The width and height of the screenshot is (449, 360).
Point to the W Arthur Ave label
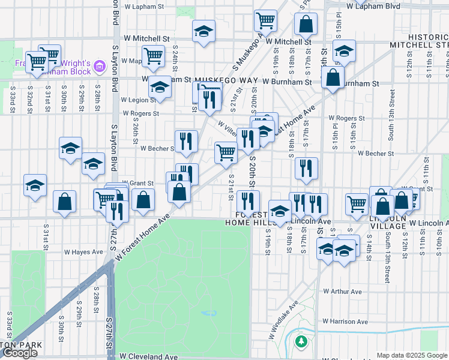[342, 292]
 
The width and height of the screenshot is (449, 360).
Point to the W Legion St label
[138, 100]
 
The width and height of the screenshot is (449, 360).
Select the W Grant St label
[138, 183]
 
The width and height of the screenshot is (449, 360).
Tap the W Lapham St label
[144, 7]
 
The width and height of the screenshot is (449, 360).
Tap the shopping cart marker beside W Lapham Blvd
[265, 20]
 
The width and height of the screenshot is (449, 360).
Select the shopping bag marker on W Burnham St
[332, 78]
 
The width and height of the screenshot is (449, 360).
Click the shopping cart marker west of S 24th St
[154, 56]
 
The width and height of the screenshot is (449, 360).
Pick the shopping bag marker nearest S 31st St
[64, 202]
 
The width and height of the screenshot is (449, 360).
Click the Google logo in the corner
[20, 353]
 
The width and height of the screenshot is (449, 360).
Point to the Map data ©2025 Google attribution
[412, 355]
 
